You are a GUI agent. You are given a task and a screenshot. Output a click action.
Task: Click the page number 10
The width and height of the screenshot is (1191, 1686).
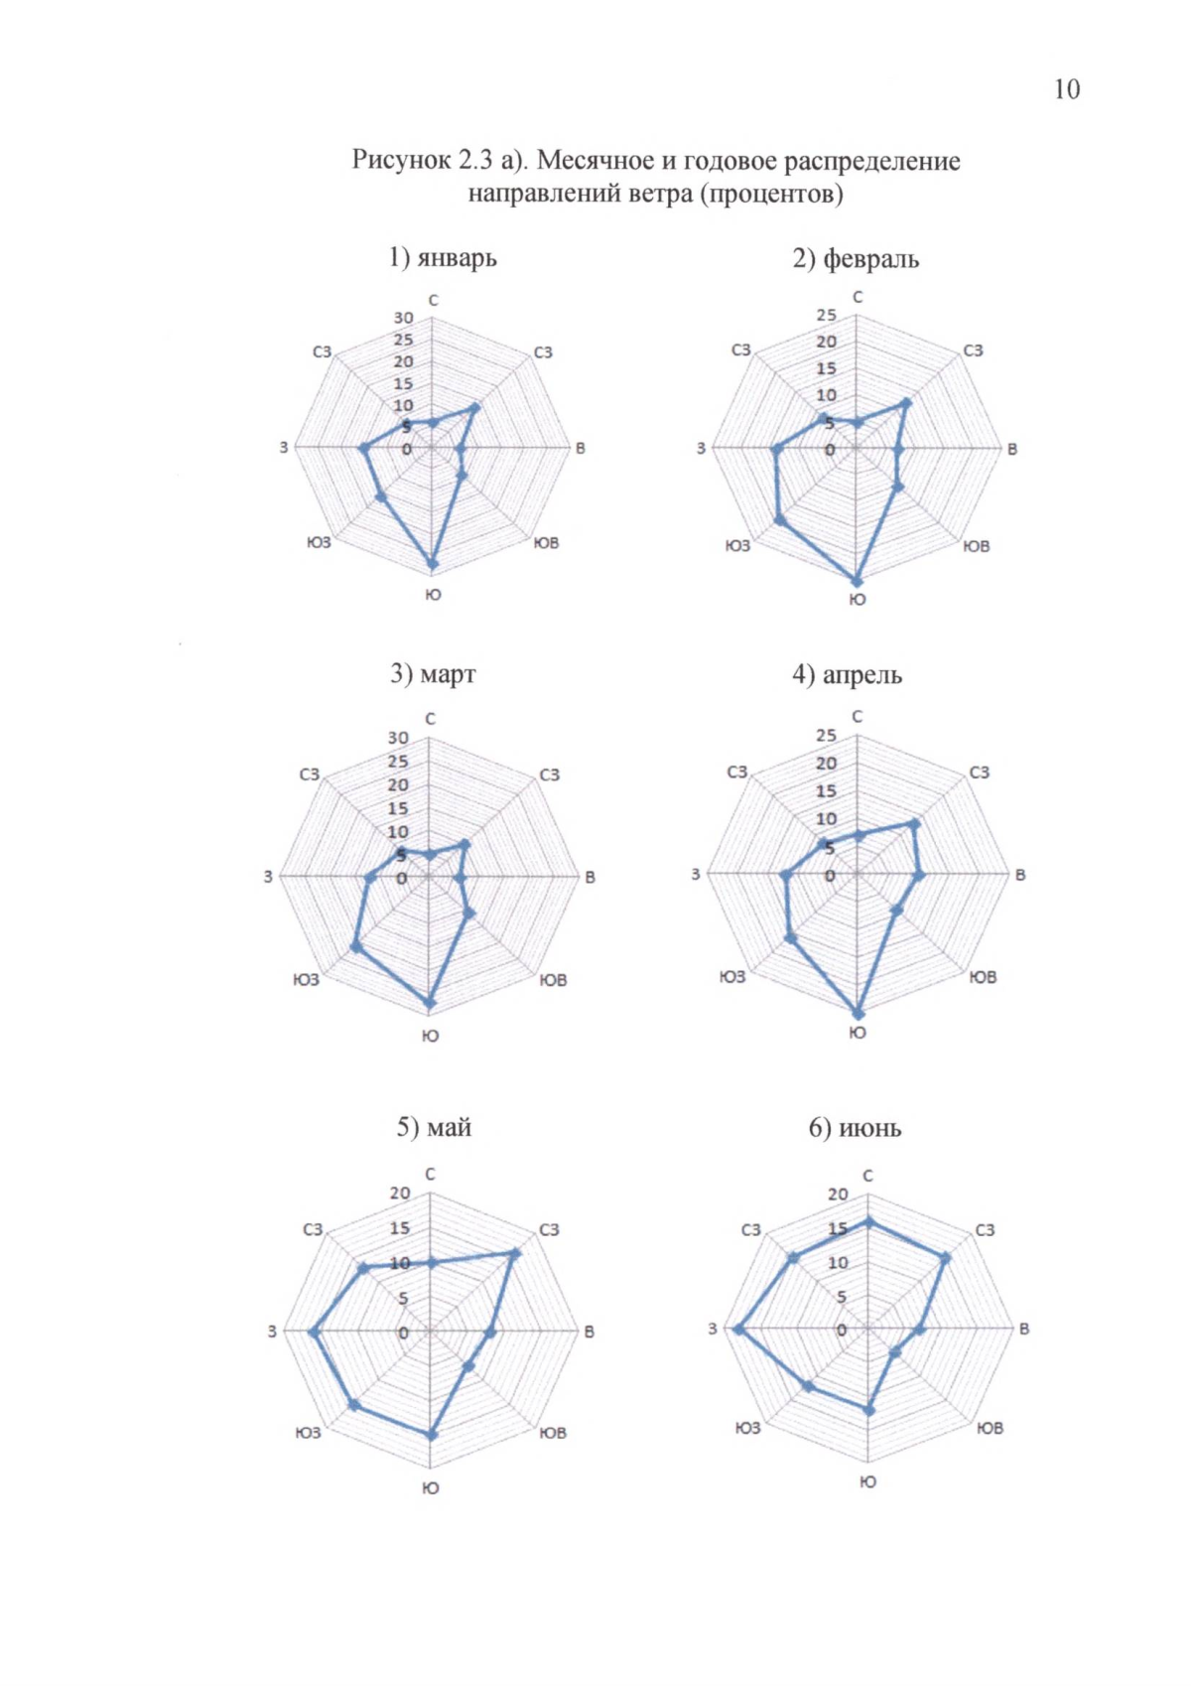tap(1066, 89)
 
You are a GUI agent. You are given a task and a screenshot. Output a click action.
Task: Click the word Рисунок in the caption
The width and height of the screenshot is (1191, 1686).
tap(398, 160)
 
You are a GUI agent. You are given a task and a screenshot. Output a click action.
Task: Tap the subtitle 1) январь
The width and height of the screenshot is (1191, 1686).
tap(443, 258)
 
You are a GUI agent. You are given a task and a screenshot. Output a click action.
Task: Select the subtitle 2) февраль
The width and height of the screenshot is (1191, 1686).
tap(856, 259)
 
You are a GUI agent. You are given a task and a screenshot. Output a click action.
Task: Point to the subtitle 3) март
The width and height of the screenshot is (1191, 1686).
tap(433, 674)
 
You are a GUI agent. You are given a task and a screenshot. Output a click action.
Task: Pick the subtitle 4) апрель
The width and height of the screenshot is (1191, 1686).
tap(847, 675)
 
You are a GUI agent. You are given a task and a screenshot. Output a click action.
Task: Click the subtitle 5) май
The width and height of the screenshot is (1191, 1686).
tap(434, 1128)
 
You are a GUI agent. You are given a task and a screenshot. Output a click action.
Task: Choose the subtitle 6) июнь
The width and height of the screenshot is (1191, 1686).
tap(855, 1128)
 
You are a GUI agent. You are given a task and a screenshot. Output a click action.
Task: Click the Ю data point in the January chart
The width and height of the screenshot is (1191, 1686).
tap(432, 563)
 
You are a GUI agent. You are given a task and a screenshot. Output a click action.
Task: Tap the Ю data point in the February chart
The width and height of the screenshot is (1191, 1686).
tap(858, 581)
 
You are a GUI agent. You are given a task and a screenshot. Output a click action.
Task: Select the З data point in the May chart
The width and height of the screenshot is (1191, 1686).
tap(315, 1332)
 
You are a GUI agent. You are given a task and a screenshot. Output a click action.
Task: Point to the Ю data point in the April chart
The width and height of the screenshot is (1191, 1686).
tap(859, 1013)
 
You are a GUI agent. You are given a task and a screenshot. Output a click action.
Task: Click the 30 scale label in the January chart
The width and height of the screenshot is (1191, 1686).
tap(403, 318)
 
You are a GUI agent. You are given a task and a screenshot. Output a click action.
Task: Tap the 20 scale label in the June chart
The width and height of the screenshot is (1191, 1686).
tap(839, 1194)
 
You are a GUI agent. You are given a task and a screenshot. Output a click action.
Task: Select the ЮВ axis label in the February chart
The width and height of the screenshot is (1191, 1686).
tap(977, 546)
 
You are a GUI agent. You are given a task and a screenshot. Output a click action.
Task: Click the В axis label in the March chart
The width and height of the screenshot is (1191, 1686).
tap(590, 878)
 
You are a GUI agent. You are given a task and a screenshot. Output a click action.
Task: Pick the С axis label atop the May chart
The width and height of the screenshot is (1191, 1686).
tap(430, 1175)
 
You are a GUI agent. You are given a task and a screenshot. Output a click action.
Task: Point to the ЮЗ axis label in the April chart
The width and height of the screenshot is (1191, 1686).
tap(732, 977)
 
